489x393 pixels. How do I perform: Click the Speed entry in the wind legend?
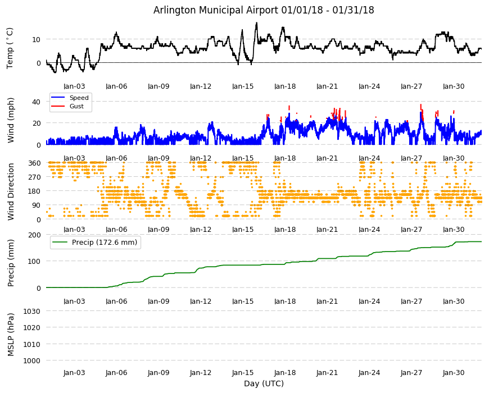click(79, 98)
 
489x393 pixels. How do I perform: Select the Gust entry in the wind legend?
click(76, 106)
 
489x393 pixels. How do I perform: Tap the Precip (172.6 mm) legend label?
click(105, 243)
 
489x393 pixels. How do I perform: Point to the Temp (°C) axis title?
click(10, 48)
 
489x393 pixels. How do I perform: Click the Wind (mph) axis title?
click(11, 120)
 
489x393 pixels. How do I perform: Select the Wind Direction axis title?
click(11, 191)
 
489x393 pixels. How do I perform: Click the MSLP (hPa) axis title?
click(11, 335)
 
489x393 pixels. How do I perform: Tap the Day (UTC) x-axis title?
click(264, 383)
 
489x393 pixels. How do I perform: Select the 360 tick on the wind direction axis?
click(34, 163)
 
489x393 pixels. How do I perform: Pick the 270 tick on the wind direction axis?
click(34, 177)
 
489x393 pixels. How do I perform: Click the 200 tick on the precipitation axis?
click(34, 235)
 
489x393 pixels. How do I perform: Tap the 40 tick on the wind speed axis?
click(37, 102)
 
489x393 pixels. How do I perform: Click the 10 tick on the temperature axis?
click(37, 39)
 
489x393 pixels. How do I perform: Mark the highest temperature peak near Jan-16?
click(257, 22)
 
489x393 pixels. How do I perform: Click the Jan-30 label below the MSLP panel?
click(454, 373)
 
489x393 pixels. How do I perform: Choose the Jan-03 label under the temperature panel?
click(74, 86)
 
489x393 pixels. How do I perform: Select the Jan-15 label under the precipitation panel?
click(243, 301)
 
